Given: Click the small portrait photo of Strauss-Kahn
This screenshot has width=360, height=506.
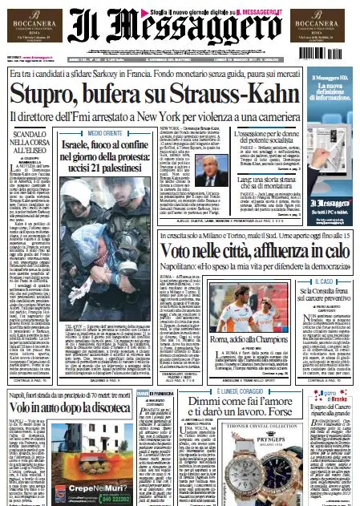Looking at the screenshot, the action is [221, 168].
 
